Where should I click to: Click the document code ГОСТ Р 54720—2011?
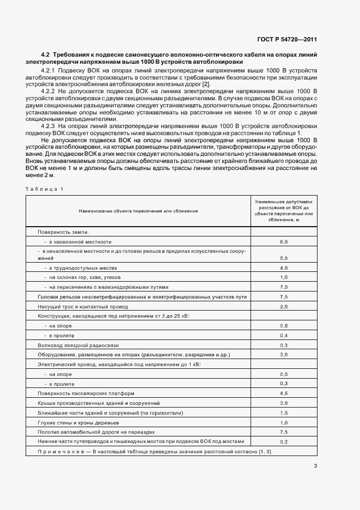286,40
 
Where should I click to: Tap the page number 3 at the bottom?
315,465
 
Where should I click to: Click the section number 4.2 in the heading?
45,56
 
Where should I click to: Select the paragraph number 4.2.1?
49,71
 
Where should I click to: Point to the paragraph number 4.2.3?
49,126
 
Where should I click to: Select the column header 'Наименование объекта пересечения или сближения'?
138,210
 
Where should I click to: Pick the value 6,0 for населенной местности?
283,241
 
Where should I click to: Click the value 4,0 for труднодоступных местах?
283,268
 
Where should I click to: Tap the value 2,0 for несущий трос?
283,307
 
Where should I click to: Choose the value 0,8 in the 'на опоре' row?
283,325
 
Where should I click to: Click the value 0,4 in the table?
283,335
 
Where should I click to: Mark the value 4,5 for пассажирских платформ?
283,393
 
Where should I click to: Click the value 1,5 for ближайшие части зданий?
283,412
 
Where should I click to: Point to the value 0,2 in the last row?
283,441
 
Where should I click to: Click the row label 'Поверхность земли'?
63,232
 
